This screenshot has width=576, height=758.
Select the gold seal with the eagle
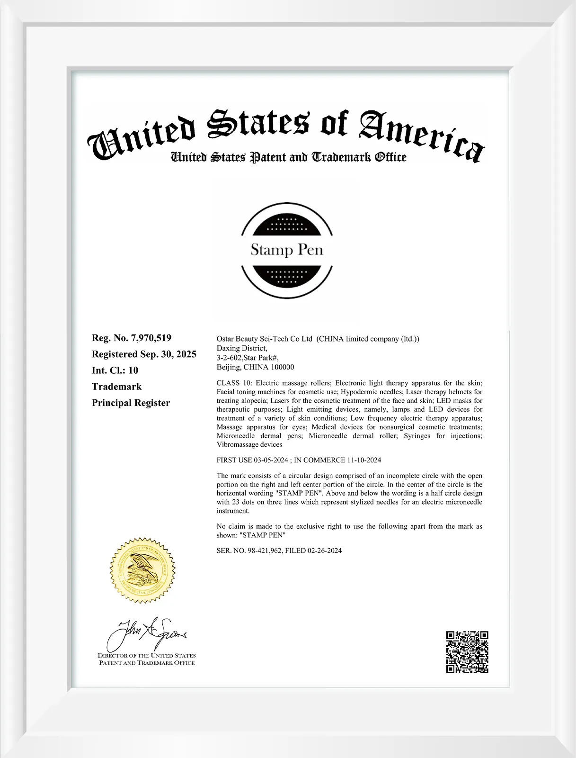(142, 571)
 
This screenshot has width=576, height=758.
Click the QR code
(467, 652)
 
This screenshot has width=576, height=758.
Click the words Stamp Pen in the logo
(287, 249)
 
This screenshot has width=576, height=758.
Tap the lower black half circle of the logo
(287, 273)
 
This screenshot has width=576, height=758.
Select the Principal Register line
(131, 403)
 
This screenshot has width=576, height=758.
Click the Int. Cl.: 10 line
(115, 370)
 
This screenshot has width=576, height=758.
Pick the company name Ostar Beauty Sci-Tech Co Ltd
(265, 339)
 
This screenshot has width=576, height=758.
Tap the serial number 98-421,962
(264, 550)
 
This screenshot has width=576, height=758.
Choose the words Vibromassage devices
(249, 444)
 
